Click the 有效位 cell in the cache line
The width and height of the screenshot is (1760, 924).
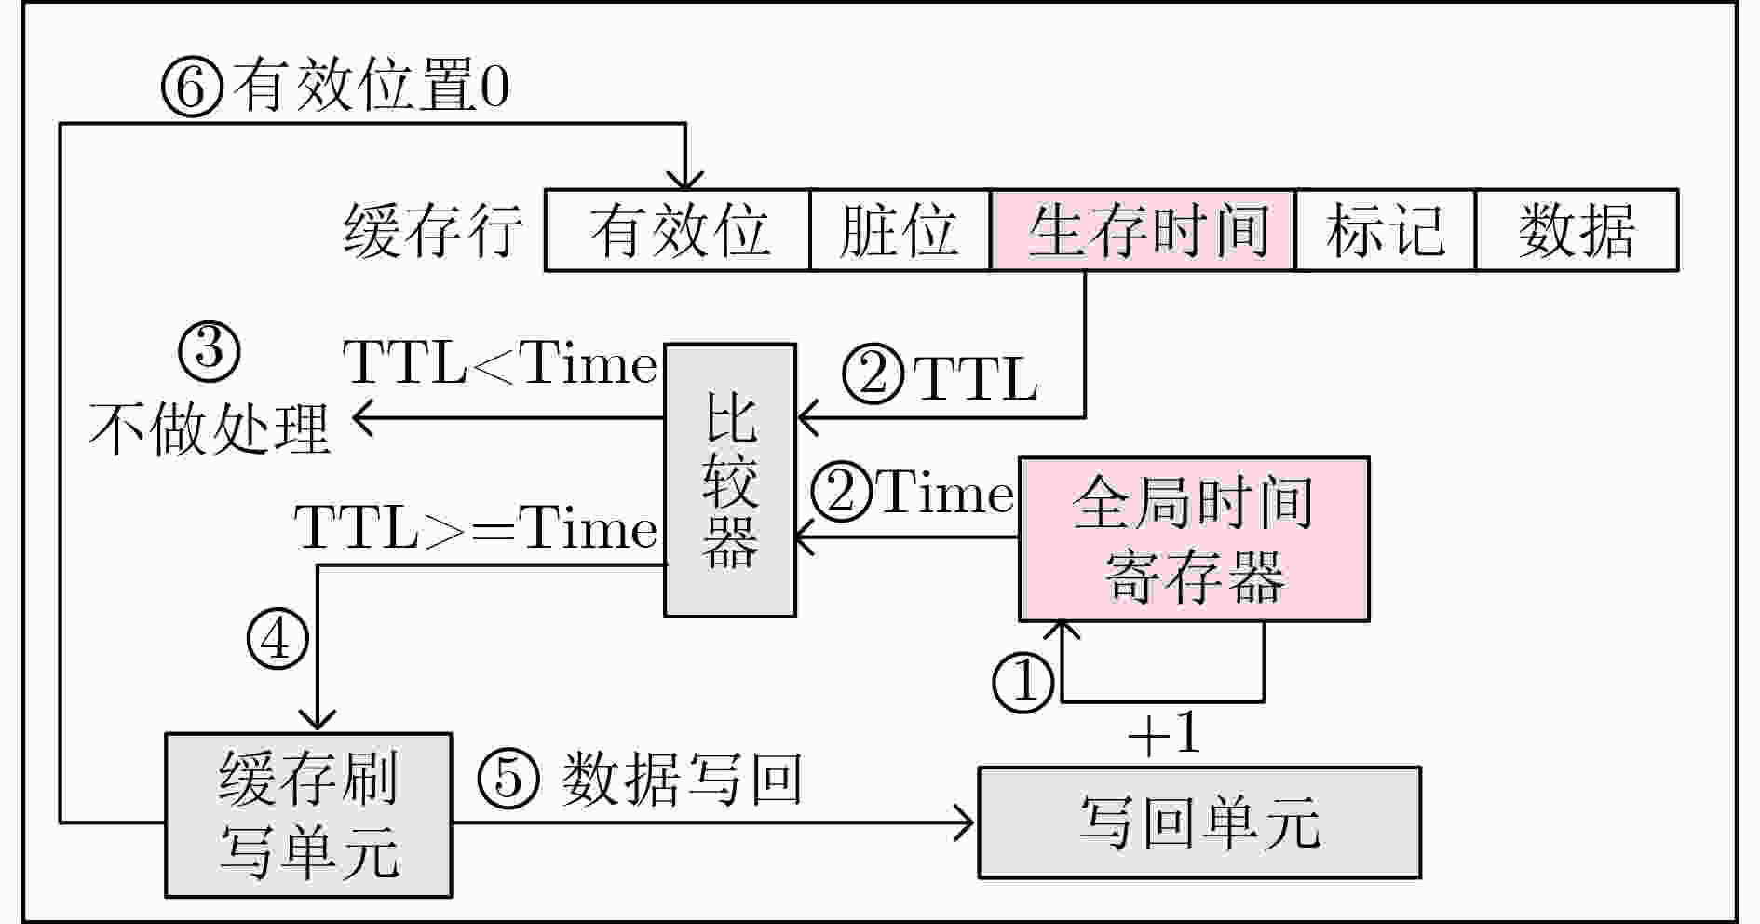[x=677, y=230]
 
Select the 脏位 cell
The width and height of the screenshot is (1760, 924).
[x=900, y=230]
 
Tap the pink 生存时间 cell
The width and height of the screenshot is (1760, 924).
[x=1143, y=230]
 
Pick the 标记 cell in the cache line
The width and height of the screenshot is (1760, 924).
[x=1386, y=230]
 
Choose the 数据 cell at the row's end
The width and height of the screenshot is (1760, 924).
[x=1577, y=230]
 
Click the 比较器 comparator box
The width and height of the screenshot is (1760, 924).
[x=730, y=480]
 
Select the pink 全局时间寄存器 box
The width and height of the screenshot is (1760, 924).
[x=1194, y=539]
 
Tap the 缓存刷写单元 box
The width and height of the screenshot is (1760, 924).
[x=308, y=815]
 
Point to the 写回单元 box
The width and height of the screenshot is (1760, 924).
[x=1199, y=822]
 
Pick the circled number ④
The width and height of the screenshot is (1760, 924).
[x=277, y=638]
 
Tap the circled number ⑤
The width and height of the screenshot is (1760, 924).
[x=508, y=778]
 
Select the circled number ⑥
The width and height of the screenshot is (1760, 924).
[x=193, y=87]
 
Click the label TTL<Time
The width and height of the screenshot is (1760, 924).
[x=501, y=362]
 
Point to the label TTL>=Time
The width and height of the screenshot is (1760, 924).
[x=476, y=528]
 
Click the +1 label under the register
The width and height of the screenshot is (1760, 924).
[x=1163, y=734]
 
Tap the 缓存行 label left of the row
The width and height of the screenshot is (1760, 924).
[x=433, y=231]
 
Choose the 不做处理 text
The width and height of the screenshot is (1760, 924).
[x=210, y=428]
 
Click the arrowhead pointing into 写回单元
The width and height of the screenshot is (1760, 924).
[x=965, y=822]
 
